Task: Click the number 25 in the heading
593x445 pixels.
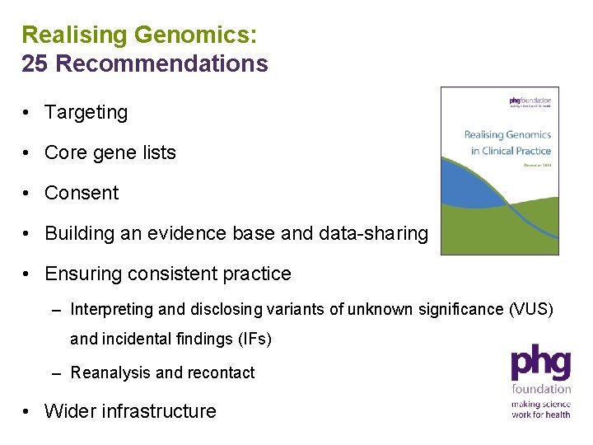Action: (35, 64)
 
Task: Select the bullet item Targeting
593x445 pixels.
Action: (86, 112)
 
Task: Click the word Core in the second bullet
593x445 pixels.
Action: (64, 152)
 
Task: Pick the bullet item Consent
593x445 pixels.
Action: (82, 193)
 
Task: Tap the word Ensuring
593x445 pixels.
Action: (82, 274)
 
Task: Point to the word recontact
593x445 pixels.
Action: (221, 372)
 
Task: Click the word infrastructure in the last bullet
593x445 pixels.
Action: (159, 411)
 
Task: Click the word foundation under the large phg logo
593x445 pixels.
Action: (541, 389)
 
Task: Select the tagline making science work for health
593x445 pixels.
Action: (540, 410)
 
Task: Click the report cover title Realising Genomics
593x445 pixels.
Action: (507, 134)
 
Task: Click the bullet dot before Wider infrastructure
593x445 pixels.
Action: (28, 411)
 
